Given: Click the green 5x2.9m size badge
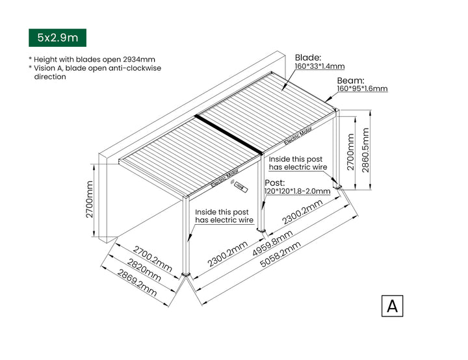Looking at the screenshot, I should [x=57, y=37].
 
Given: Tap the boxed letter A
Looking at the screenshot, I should [x=392, y=305].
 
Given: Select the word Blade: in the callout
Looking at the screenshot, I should [x=308, y=57].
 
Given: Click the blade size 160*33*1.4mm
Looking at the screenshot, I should [x=319, y=66].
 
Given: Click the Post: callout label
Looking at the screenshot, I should [x=274, y=183].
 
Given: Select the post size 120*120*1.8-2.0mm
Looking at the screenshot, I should [x=297, y=192].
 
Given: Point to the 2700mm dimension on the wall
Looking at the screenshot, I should [x=90, y=199].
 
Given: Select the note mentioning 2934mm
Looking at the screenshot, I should [x=92, y=58].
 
